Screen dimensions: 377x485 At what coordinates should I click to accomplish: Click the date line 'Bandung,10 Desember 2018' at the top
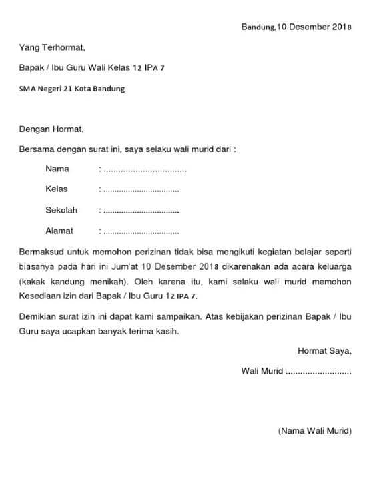pos(296,27)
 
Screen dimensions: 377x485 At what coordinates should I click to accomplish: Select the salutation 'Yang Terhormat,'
pos(52,48)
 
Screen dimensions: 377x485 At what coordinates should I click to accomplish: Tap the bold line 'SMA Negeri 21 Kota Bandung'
pos(72,89)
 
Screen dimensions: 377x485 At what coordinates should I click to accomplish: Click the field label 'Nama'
pos(57,169)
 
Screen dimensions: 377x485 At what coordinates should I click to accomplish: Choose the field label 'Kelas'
pos(57,189)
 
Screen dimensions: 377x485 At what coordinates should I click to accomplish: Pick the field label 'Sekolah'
pos(61,210)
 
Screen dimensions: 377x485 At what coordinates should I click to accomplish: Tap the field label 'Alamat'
pos(59,231)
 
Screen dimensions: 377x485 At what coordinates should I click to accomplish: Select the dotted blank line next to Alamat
pos(141,232)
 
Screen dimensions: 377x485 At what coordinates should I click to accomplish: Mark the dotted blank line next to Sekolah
pos(141,211)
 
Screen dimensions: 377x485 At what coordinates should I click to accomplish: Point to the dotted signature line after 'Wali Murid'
pos(318,371)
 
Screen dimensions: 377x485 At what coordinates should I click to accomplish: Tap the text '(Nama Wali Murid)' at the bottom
pos(314,430)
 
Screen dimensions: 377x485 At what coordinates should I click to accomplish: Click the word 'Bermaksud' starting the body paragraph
pos(41,252)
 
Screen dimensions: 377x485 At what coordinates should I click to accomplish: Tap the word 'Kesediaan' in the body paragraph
pos(40,295)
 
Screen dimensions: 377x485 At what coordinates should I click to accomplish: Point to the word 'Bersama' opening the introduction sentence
pos(37,149)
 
